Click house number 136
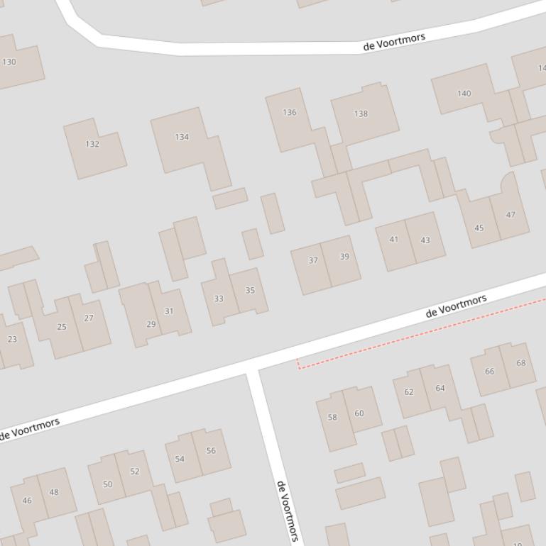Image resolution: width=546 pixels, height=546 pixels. pyautogui.click(x=290, y=112)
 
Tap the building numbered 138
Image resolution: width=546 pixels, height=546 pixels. pyautogui.click(x=361, y=113)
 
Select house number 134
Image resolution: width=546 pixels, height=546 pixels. pyautogui.click(x=182, y=137)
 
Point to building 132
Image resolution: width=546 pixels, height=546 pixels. pyautogui.click(x=92, y=144)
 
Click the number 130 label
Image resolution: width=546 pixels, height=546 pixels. pyautogui.click(x=9, y=62)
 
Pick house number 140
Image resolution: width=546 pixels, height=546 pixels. pyautogui.click(x=464, y=94)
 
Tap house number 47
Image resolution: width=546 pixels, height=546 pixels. pyautogui.click(x=510, y=215)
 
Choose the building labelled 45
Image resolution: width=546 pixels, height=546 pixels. pyautogui.click(x=479, y=228)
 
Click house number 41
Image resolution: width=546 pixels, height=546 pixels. pyautogui.click(x=394, y=240)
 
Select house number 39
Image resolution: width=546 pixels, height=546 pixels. pyautogui.click(x=344, y=257)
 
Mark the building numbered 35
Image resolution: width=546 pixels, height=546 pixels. pyautogui.click(x=250, y=290)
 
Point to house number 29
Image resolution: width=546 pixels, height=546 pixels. pyautogui.click(x=151, y=324)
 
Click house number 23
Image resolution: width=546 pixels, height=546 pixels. pyautogui.click(x=12, y=339)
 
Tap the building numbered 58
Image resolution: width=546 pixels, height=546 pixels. pyautogui.click(x=332, y=417)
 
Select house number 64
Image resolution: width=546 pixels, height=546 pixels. pyautogui.click(x=440, y=388)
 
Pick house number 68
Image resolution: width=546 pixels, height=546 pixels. pyautogui.click(x=521, y=363)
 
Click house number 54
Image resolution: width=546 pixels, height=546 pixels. pyautogui.click(x=180, y=459)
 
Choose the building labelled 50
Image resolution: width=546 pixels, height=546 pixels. pyautogui.click(x=107, y=484)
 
